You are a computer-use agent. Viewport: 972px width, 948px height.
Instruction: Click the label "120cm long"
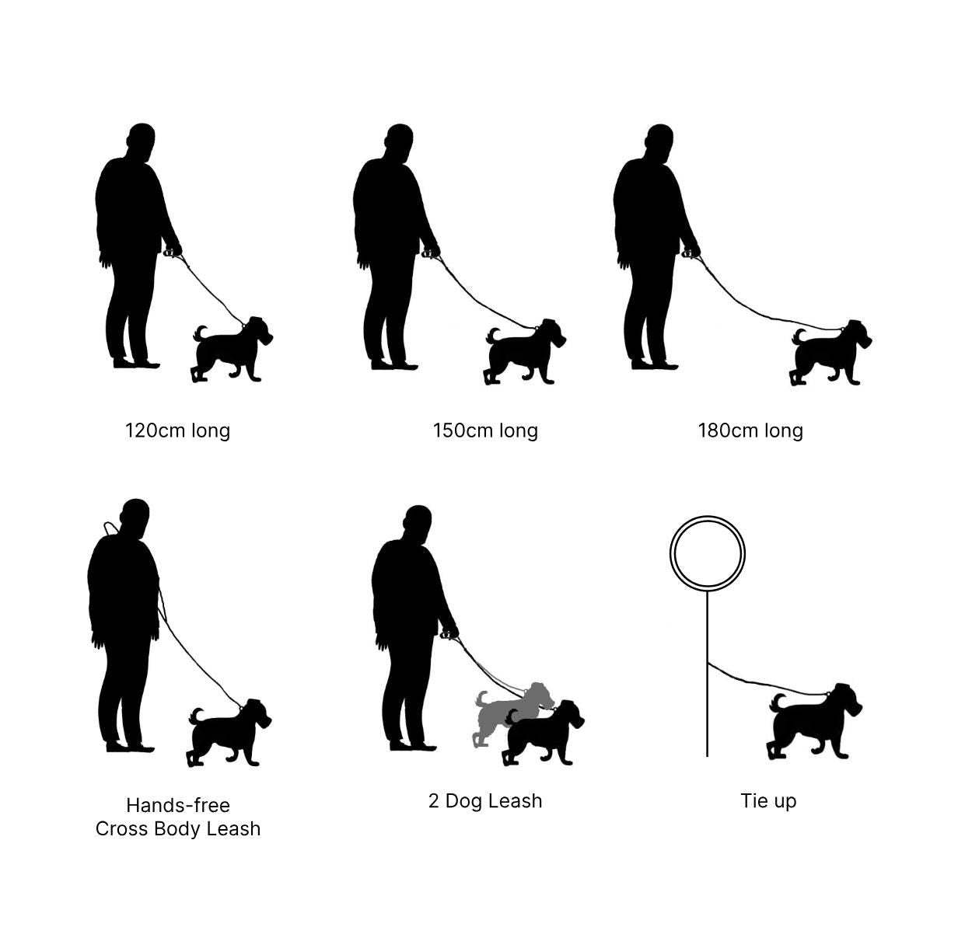point(177,430)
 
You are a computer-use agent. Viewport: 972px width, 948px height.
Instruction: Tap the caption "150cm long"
point(485,430)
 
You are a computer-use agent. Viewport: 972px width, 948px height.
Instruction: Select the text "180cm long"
point(750,430)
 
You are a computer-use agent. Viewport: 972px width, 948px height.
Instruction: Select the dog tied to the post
point(814,722)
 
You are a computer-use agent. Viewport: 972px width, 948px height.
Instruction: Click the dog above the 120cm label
point(232,349)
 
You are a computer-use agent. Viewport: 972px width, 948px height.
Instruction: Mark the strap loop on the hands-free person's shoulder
point(110,526)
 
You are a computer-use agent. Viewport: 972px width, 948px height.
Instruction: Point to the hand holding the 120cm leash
point(173,249)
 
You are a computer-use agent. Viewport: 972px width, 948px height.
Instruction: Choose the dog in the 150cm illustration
point(524,351)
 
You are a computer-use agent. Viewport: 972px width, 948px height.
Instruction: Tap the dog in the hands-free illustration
point(229,732)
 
